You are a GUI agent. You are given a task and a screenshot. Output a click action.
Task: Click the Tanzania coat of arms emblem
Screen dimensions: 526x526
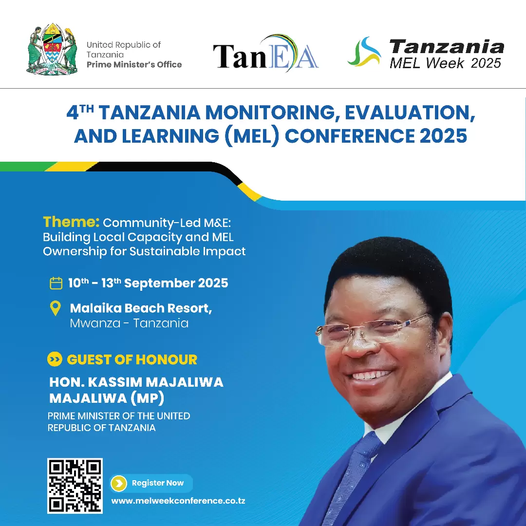pyautogui.click(x=52, y=49)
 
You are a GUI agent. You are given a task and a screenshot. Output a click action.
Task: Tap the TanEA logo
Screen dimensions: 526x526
pyautogui.click(x=266, y=54)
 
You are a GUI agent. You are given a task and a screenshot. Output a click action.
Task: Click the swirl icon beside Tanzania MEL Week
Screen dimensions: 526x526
pyautogui.click(x=364, y=52)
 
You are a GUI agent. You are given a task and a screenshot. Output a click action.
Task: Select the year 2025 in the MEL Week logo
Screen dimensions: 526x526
pyautogui.click(x=486, y=63)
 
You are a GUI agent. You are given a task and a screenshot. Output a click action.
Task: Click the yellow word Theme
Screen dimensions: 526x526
pyautogui.click(x=71, y=222)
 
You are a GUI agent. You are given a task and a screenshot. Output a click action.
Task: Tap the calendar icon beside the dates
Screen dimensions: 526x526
pyautogui.click(x=56, y=283)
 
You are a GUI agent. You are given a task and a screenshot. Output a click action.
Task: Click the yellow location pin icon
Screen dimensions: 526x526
pyautogui.click(x=56, y=309)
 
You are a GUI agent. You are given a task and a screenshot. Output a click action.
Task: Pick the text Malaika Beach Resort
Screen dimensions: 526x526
pyautogui.click(x=141, y=308)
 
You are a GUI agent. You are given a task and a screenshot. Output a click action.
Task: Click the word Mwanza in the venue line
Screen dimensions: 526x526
pyautogui.click(x=93, y=323)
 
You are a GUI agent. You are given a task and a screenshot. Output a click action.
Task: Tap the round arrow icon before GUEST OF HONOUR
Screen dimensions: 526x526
pyautogui.click(x=55, y=360)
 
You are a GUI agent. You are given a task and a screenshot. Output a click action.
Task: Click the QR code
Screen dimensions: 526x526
pyautogui.click(x=75, y=486)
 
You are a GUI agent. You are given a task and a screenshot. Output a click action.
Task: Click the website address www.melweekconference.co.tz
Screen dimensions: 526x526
pyautogui.click(x=178, y=501)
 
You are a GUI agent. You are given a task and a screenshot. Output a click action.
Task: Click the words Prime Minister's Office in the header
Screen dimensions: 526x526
pyautogui.click(x=134, y=64)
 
